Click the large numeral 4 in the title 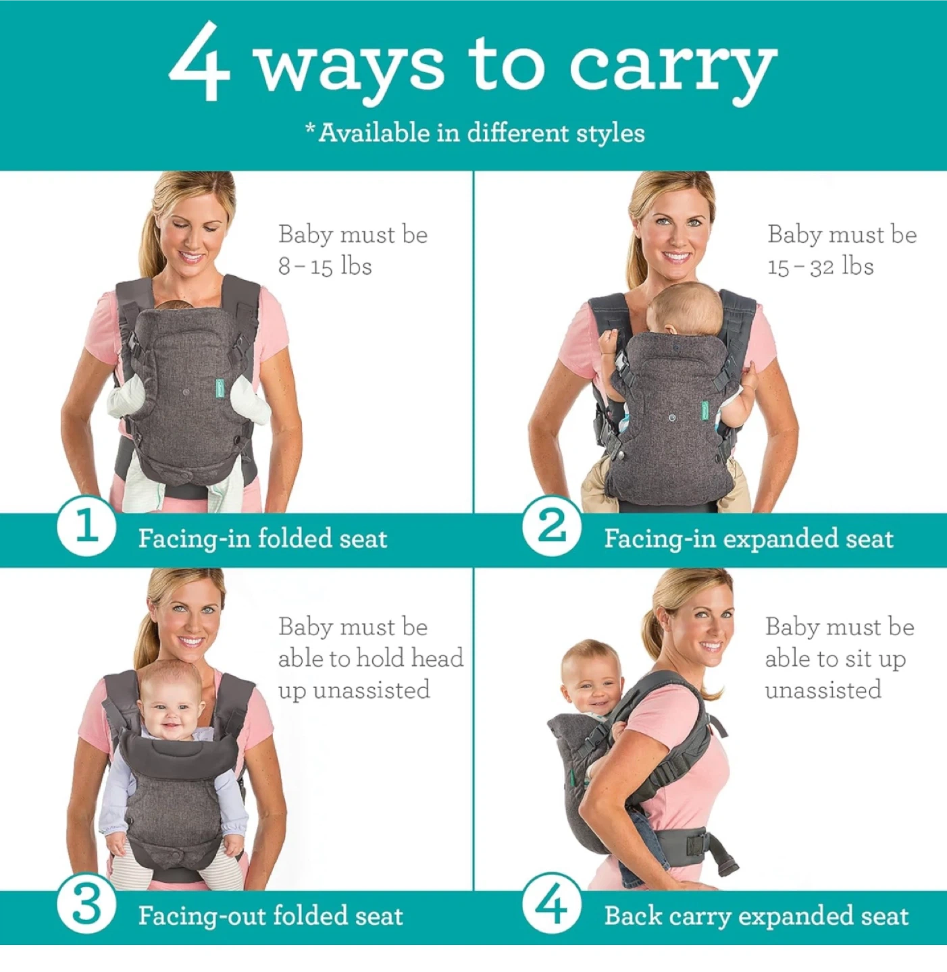tap(199, 62)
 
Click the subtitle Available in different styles tap(475, 133)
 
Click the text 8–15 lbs tap(325, 266)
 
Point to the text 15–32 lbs tap(821, 266)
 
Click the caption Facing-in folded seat tap(263, 539)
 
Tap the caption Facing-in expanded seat tap(748, 539)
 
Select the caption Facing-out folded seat tap(270, 916)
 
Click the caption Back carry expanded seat tap(757, 916)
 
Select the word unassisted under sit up tap(823, 691)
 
